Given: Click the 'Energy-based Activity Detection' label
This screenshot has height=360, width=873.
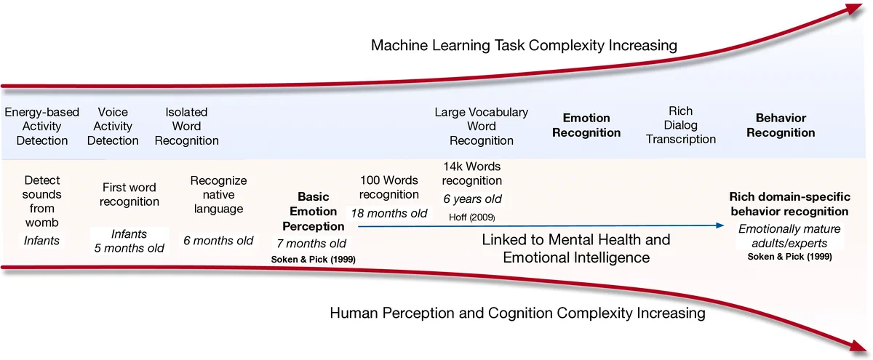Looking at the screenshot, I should [x=41, y=127].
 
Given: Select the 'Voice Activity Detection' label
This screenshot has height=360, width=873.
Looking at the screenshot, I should [x=113, y=127].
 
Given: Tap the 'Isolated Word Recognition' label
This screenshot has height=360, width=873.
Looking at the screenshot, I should [x=186, y=127].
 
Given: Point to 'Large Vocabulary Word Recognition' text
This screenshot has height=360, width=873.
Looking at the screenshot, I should [x=481, y=127].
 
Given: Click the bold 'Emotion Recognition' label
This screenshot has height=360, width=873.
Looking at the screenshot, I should [x=586, y=125].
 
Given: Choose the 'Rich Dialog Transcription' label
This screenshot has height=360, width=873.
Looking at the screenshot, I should [x=680, y=125].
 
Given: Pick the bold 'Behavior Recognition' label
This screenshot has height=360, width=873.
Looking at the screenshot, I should [x=781, y=125].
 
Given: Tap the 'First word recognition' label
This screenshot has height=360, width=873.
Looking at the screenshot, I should [x=129, y=194].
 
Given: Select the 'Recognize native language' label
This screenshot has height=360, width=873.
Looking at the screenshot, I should [x=218, y=195].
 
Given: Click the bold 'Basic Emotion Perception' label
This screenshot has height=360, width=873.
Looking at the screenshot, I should [x=314, y=211].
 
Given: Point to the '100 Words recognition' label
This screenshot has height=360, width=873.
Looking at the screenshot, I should [x=389, y=187].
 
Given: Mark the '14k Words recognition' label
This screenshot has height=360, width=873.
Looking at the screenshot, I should [x=472, y=173].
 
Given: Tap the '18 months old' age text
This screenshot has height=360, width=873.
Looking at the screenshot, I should [x=389, y=213].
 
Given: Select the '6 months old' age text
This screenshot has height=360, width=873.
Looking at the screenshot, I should [x=218, y=240].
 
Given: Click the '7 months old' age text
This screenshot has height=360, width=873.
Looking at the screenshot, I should [x=311, y=243].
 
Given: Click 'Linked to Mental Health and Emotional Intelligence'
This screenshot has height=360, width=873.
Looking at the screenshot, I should [x=575, y=248].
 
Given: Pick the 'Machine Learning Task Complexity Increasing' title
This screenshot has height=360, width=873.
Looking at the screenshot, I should [x=524, y=46].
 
